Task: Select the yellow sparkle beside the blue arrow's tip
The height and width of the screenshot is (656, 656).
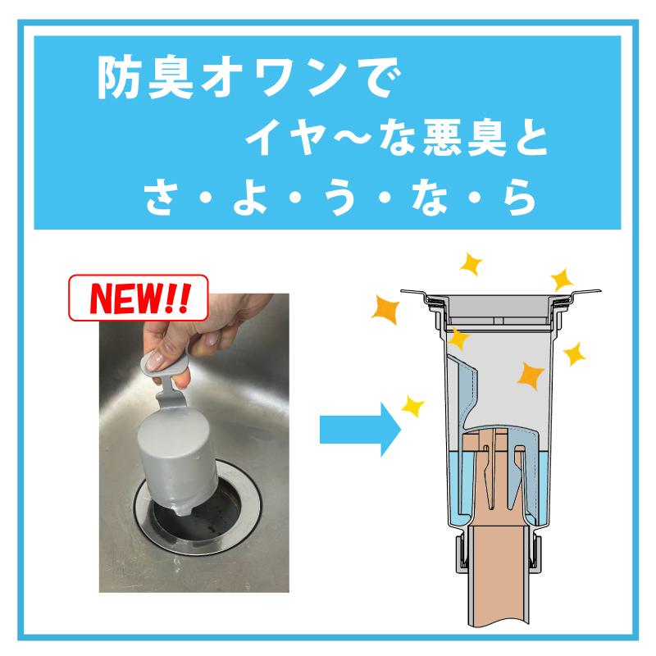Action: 412,404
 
